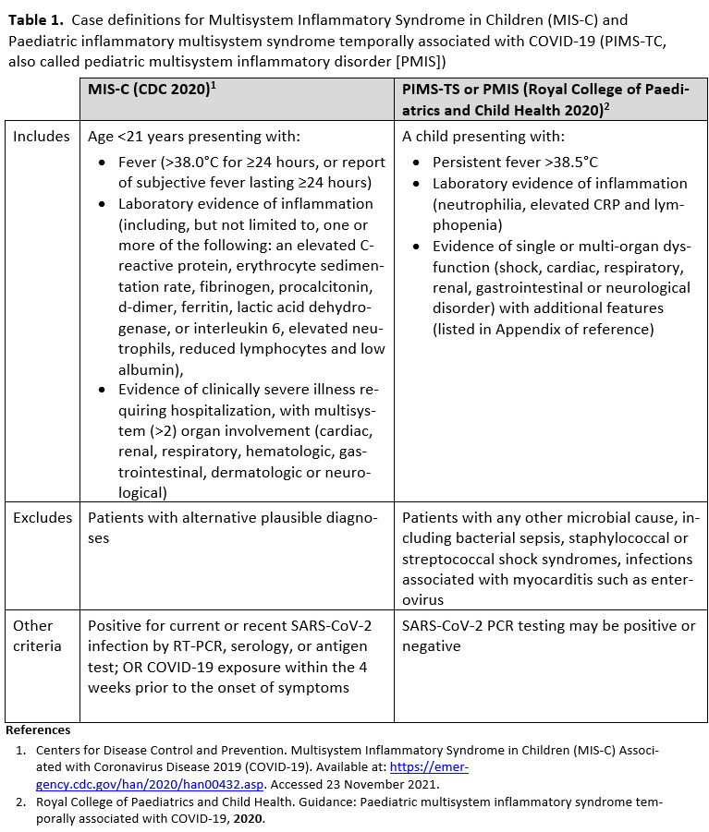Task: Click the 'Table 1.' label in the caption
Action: tap(35, 18)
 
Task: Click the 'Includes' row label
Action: tap(41, 137)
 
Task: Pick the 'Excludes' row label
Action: tap(42, 518)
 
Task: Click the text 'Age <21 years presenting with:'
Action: tap(194, 137)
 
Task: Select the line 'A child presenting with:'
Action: tap(483, 137)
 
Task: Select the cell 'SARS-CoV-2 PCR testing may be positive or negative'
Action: tap(549, 636)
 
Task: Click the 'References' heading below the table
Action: tap(38, 730)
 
